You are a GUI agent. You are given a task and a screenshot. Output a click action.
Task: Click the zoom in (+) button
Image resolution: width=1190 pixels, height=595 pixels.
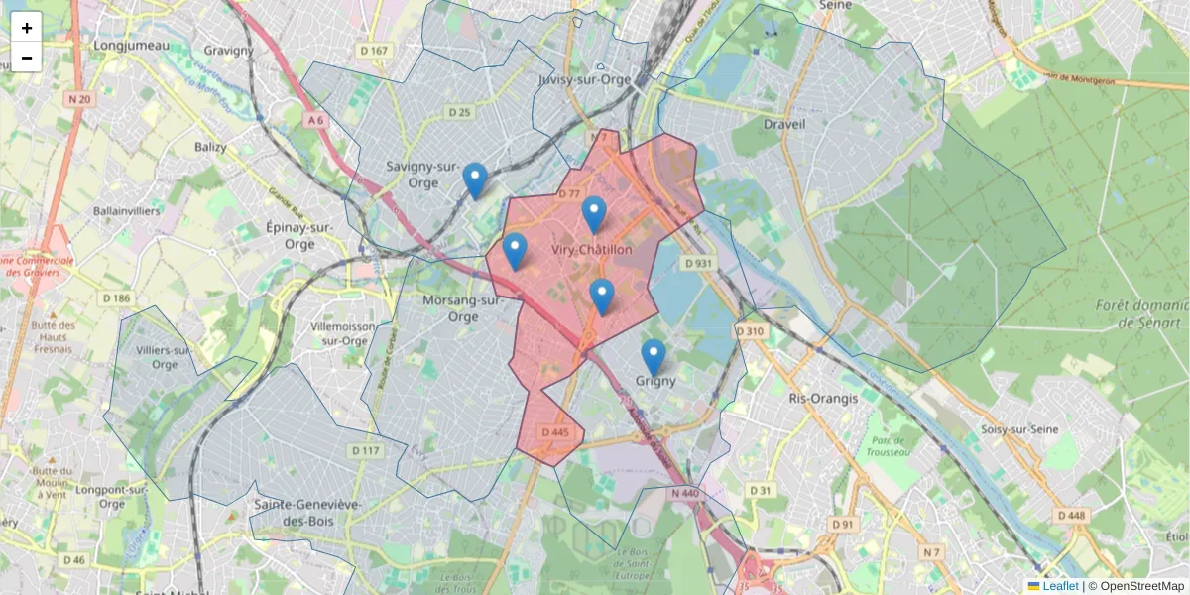coord(27,28)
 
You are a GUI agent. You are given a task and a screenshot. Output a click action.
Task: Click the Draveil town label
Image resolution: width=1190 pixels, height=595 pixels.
coord(784,124)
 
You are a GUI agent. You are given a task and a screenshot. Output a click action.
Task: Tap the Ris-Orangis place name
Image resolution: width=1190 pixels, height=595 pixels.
coord(821,398)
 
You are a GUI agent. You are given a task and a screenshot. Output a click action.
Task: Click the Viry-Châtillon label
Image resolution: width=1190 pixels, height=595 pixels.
coord(591,250)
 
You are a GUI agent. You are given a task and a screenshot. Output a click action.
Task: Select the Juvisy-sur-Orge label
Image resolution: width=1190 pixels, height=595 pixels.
coord(583,80)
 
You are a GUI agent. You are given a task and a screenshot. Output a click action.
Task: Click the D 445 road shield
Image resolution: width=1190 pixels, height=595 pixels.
coord(555,432)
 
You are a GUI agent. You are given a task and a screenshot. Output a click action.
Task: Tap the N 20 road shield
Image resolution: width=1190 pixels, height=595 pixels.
coord(79,99)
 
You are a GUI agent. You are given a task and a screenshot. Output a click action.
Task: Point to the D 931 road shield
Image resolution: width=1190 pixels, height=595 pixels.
coord(699,263)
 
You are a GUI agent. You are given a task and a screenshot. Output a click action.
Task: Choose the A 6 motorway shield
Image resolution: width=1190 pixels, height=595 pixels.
coord(315,120)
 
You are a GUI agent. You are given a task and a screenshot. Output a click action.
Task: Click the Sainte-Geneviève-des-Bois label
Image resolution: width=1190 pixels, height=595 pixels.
coord(307,513)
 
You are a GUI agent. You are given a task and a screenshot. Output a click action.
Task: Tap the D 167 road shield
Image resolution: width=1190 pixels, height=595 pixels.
coord(374,50)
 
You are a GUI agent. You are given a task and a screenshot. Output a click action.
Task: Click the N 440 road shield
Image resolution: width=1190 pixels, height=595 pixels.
coord(685,493)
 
